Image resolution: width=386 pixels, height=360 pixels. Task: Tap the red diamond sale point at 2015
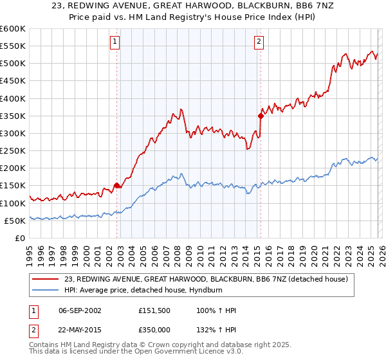261,116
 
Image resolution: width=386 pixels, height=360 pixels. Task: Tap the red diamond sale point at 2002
116,185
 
